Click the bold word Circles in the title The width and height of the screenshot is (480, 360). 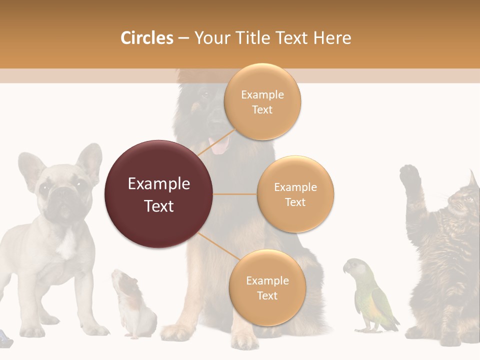click(147, 38)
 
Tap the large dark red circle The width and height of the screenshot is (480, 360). click(158, 194)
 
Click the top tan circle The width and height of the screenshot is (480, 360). click(262, 102)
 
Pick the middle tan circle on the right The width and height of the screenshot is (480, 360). click(295, 194)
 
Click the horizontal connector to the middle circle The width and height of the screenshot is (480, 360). click(234, 194)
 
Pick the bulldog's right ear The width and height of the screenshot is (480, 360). click(90, 160)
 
